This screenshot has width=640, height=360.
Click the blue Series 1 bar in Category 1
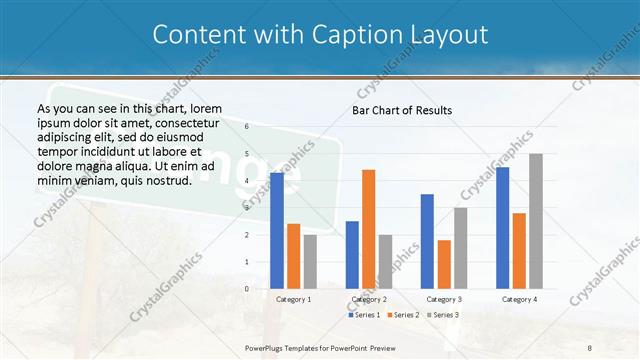[x=277, y=231]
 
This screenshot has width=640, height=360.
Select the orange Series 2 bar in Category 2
[x=369, y=229]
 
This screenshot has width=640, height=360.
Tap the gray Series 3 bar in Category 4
[x=536, y=221]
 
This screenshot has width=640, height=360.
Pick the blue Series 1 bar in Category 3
[x=427, y=241]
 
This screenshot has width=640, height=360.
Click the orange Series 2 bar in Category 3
[x=444, y=264]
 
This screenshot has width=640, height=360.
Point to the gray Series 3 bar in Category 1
[x=310, y=262]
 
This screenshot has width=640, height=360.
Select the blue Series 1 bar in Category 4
[x=502, y=228]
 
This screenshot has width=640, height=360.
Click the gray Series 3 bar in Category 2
[x=386, y=262]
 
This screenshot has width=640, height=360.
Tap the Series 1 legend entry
[x=365, y=315]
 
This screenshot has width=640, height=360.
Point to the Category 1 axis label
[x=293, y=299]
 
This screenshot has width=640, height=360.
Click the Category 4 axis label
[x=519, y=299]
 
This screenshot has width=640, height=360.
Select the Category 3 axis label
[x=444, y=299]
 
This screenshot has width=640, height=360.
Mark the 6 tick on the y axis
[x=247, y=127]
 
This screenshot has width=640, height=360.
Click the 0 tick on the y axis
[x=247, y=289]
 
